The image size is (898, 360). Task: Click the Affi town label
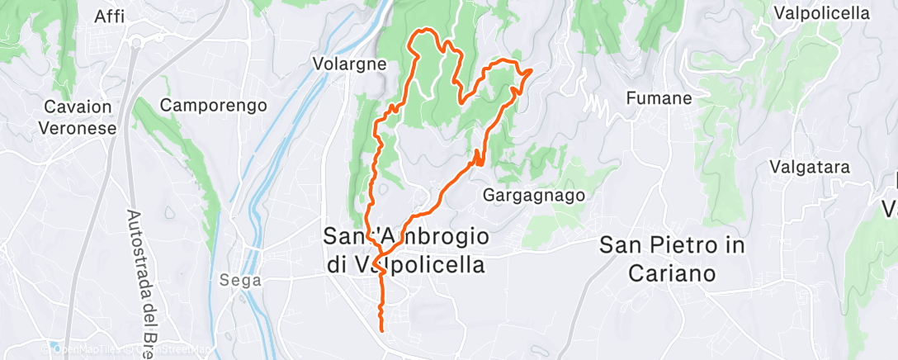110,17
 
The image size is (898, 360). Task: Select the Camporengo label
214,105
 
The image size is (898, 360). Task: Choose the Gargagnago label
534,196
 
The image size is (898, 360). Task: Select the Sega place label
240,280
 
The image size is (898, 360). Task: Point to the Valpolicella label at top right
821,13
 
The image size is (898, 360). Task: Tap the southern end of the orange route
382,329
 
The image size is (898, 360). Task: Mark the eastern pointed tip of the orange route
529,72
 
